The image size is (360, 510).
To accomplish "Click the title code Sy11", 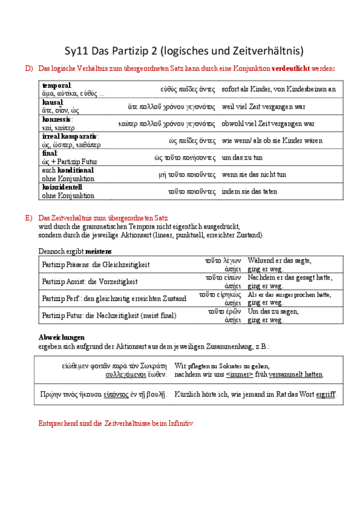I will [78, 50].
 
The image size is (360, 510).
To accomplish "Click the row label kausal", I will [52, 102].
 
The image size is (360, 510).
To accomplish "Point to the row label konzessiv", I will [57, 119].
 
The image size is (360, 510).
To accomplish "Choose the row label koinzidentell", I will [62, 187].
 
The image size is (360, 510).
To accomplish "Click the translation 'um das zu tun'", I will [242, 158].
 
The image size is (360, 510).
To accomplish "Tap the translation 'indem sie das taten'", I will [249, 192].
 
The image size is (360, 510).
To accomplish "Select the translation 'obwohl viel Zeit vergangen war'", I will [268, 124].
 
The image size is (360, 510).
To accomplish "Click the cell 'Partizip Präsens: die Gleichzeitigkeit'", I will [96, 264].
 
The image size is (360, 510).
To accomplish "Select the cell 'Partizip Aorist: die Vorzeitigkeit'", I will [89, 281].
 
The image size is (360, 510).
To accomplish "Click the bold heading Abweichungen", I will [61, 337].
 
